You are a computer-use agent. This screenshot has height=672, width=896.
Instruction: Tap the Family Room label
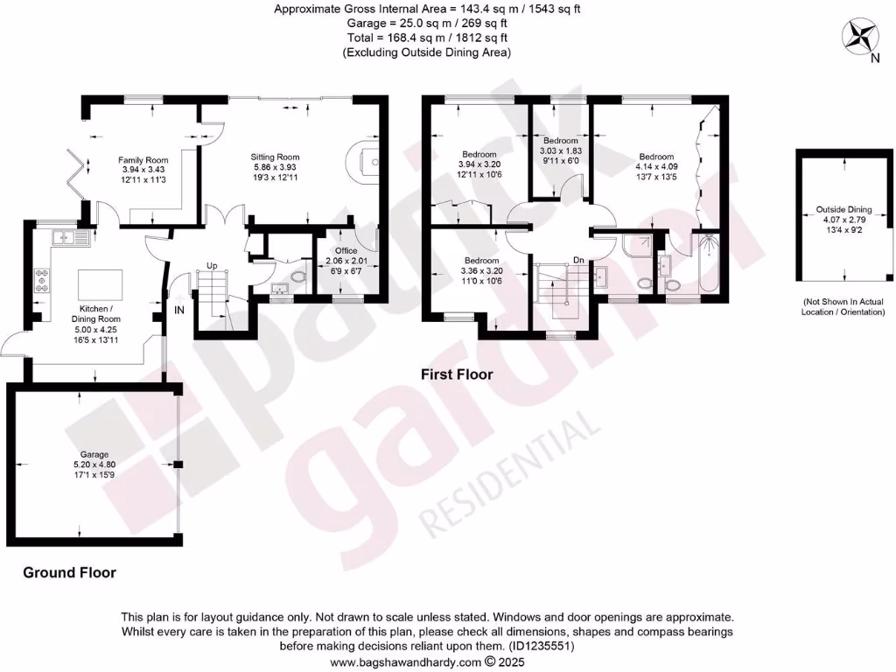tap(143, 160)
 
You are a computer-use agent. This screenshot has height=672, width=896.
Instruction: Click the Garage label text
tap(94, 455)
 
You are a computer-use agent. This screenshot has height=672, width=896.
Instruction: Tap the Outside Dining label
tap(843, 210)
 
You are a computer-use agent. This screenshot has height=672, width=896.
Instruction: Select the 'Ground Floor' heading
tap(69, 573)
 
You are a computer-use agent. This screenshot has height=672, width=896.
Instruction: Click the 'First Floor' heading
tap(457, 374)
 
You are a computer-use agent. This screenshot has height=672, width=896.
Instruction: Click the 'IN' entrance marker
tap(178, 310)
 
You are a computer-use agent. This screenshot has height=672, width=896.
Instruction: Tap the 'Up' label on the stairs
tap(212, 265)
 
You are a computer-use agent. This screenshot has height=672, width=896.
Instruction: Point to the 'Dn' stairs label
tap(578, 260)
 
